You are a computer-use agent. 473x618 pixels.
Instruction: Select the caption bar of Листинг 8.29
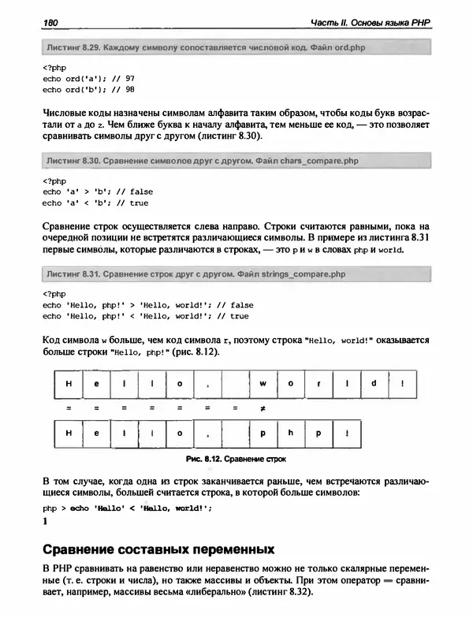(235, 48)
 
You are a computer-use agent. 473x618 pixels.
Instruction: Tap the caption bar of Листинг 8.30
(235, 161)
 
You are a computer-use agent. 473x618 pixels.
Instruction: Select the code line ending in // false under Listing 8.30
(98, 192)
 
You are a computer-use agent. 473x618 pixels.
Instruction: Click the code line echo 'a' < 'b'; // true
(95, 203)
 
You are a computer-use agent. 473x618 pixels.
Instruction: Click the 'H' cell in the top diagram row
(69, 384)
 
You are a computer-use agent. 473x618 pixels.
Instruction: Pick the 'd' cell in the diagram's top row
(375, 384)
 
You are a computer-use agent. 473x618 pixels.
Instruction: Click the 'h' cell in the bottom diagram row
(290, 434)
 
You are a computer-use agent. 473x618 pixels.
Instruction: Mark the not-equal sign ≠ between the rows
(262, 409)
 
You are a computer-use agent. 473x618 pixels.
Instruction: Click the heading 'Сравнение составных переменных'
(158, 549)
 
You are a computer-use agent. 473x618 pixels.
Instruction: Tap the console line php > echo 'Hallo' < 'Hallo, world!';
(127, 508)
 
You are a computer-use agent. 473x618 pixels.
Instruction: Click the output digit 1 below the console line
(46, 522)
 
